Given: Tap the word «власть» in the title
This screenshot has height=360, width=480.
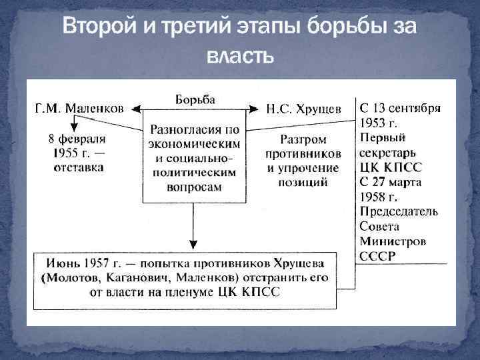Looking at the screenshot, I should pos(240,55).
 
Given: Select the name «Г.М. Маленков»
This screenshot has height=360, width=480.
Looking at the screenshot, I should pos(79,108).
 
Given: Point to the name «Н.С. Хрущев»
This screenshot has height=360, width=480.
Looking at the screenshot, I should pos(304,108).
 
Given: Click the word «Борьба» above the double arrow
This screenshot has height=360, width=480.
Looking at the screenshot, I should pos(195,99).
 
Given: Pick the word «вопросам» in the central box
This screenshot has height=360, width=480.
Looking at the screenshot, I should pos(195,187).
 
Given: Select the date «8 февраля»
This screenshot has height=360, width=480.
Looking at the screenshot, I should pos(78,140).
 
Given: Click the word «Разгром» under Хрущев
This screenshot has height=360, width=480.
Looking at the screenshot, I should pos(303,140).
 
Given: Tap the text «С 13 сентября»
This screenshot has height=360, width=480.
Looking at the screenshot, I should pos(400,108).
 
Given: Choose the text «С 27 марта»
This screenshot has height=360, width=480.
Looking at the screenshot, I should pos(391,182).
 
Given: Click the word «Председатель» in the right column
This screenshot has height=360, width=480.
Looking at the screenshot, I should pos(399,212).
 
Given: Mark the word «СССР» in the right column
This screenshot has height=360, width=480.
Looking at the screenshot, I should pos(377,256).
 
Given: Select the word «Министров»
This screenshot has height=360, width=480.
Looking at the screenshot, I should pos(393,241).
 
